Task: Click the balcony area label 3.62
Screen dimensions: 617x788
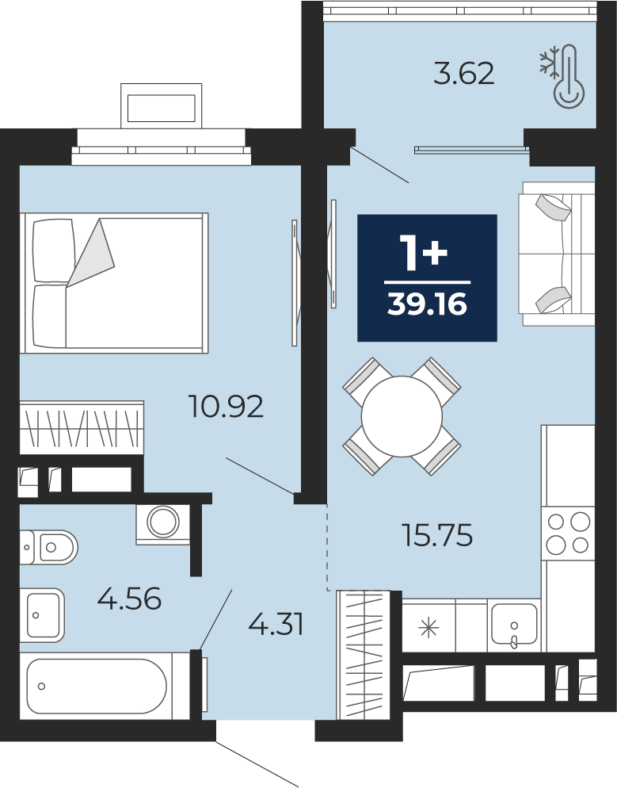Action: coord(464,74)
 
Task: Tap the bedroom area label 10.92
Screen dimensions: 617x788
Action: coord(226,407)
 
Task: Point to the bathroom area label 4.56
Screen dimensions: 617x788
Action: coord(129,599)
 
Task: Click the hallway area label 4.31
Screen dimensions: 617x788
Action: coord(276,625)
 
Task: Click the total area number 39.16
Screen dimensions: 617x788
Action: coord(427,304)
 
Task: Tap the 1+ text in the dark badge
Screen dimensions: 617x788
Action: coord(423,254)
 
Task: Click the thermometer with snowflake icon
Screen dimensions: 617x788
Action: coord(563,76)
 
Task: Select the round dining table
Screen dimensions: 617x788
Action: coord(402,416)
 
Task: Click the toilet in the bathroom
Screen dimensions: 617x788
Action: coord(48,547)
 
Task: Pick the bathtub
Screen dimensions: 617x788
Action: coord(97,686)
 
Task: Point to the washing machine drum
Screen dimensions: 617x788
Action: coord(163,522)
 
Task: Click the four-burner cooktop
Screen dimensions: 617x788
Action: coord(568,534)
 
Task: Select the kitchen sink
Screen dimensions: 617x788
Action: coord(514,624)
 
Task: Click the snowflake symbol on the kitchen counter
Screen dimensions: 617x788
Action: coord(428,628)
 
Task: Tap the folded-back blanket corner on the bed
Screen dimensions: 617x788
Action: coord(90,253)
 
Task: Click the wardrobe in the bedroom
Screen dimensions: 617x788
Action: coord(82,428)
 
